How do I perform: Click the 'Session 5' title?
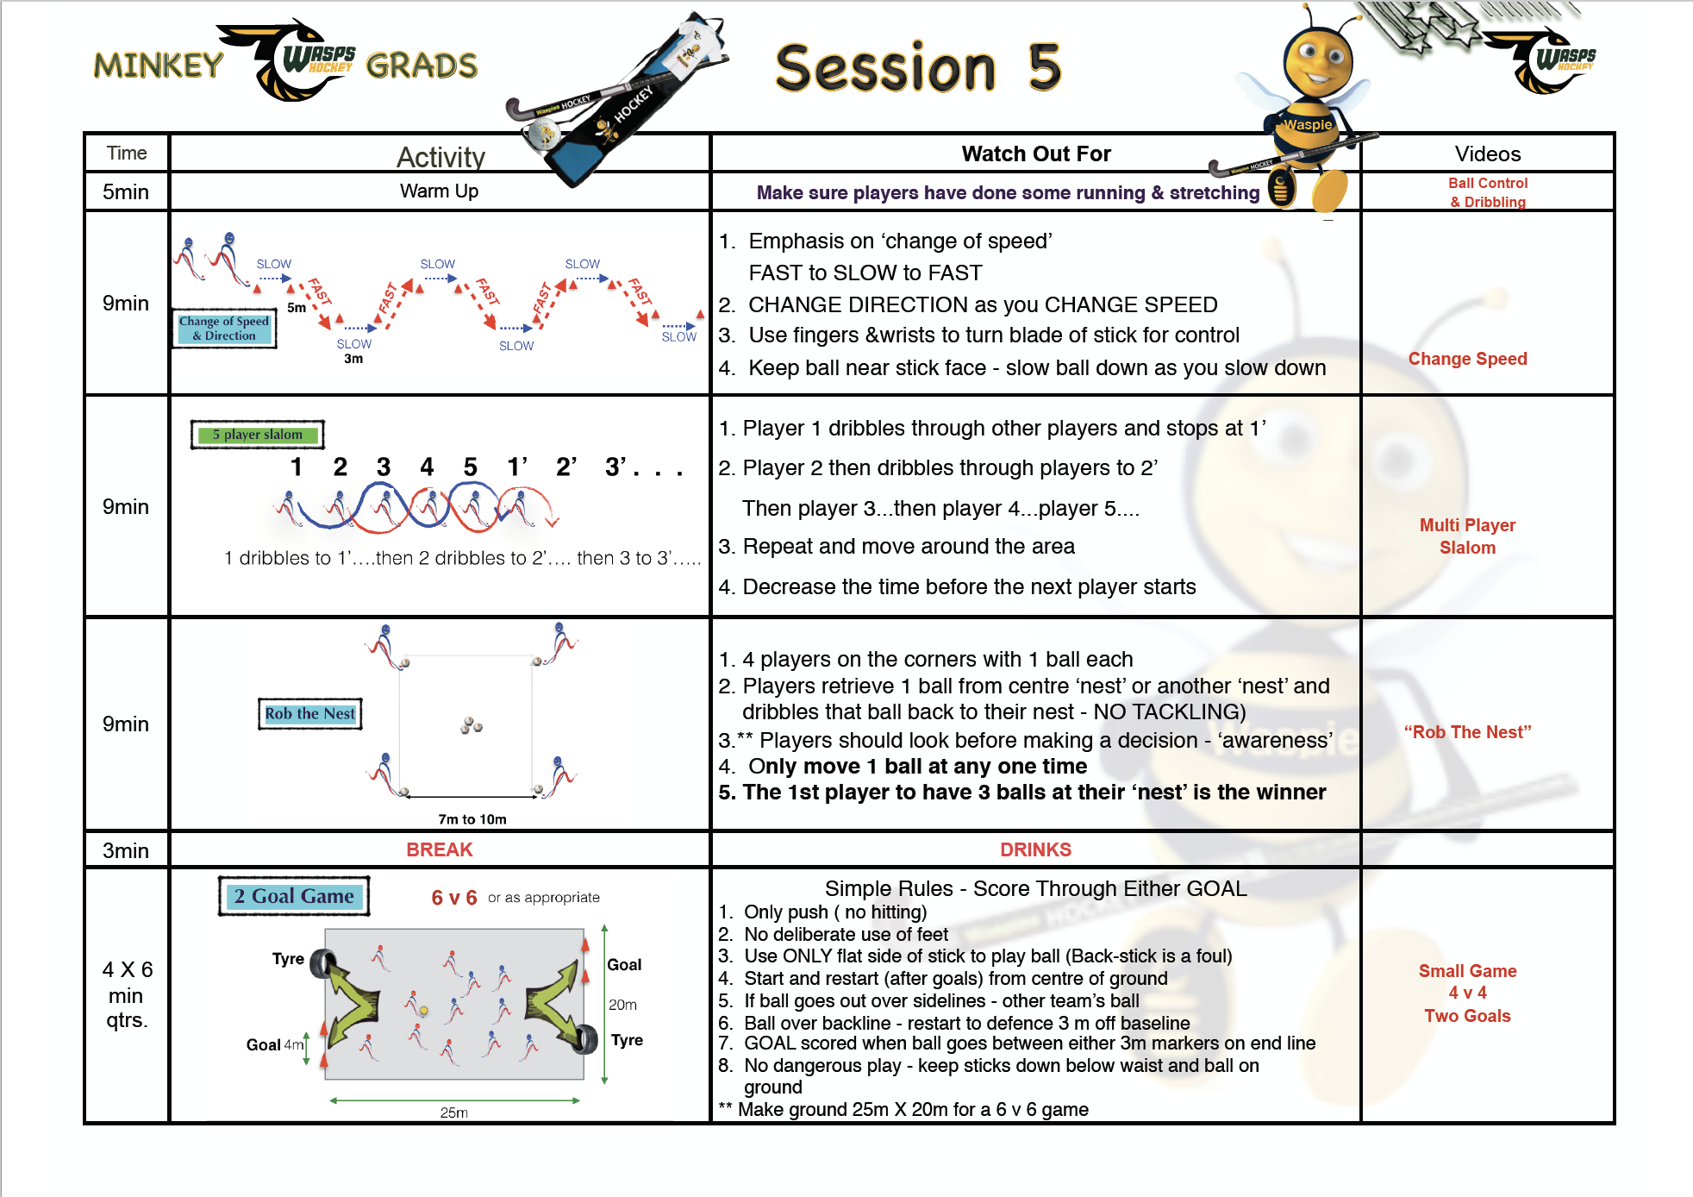[x=918, y=67]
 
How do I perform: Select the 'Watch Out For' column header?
[x=1036, y=154]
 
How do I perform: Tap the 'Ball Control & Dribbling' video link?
[x=1488, y=192]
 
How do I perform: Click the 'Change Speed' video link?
[x=1467, y=359]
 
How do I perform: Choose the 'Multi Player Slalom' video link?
[x=1467, y=536]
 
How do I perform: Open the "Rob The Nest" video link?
[x=1467, y=732]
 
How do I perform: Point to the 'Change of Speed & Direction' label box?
[x=224, y=329]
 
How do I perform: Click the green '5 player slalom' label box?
[x=258, y=435]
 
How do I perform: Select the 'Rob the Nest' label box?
[x=310, y=714]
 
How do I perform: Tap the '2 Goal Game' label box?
[x=294, y=896]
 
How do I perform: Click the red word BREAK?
[x=440, y=849]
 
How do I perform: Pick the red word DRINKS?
[x=1035, y=849]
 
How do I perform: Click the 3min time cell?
[x=126, y=850]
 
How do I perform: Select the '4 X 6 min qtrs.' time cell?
[x=127, y=994]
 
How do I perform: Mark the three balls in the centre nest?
[x=472, y=725]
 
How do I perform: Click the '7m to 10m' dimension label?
[x=472, y=819]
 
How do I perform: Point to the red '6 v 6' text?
[x=454, y=898]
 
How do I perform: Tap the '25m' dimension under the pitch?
[x=454, y=1112]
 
